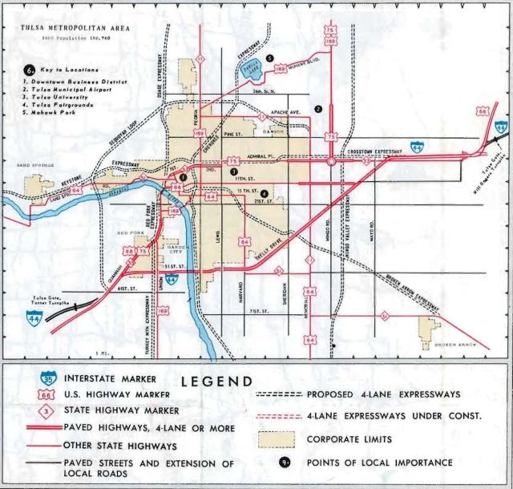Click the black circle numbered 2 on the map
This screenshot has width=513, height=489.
click(x=318, y=108)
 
